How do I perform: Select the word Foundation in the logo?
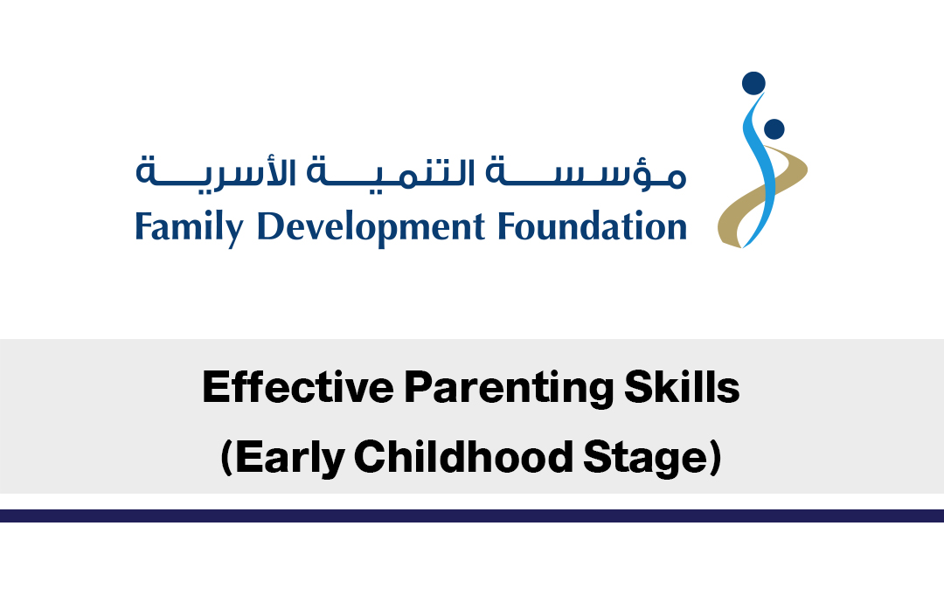point(592,226)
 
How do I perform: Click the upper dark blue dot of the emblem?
point(753,84)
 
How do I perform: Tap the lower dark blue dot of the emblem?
point(774,128)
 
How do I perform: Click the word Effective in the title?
point(298,387)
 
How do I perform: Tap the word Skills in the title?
point(682,387)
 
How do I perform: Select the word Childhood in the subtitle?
point(463,456)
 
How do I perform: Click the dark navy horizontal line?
point(472,516)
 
